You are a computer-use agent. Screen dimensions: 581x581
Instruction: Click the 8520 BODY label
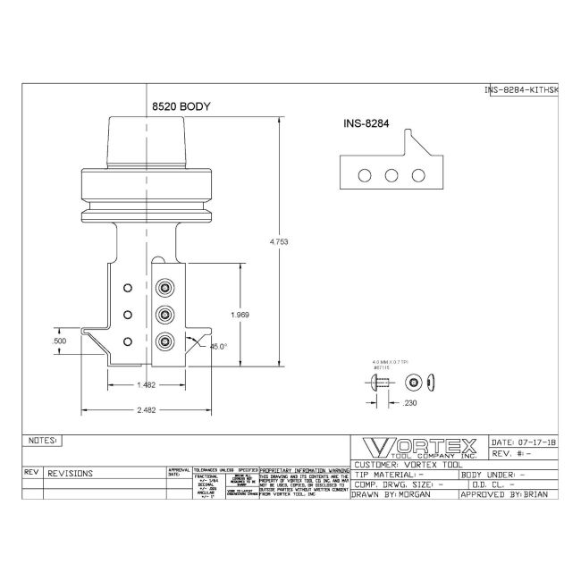point(181,106)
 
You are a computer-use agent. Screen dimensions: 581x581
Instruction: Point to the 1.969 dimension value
point(239,315)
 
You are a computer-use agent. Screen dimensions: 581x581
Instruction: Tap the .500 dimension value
point(61,341)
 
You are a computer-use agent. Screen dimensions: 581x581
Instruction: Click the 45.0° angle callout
point(219,345)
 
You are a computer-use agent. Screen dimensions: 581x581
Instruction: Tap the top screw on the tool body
point(165,288)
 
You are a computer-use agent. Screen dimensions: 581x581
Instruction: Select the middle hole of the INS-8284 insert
point(392,175)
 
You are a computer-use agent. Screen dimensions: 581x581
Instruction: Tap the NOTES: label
point(43,441)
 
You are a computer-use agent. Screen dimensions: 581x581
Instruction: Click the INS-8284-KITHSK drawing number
point(521,89)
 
